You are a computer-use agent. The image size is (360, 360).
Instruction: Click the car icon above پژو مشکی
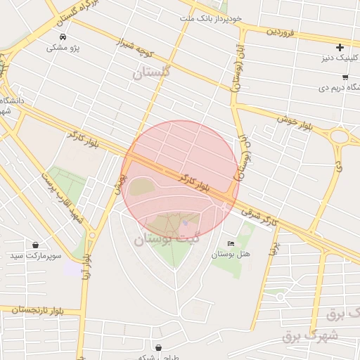[x=63, y=36]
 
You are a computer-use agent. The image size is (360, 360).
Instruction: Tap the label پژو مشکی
[x=63, y=48]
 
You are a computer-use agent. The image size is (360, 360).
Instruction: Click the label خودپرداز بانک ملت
[x=210, y=17]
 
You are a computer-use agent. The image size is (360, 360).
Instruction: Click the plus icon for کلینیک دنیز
[x=340, y=48]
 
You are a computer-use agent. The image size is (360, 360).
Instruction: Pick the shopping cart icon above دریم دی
[x=345, y=77]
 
